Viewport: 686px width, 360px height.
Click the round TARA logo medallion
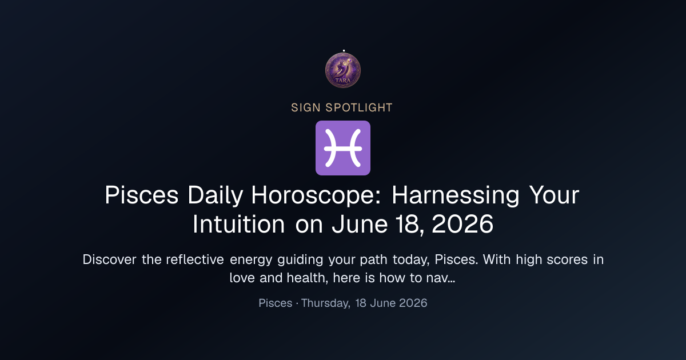point(342,70)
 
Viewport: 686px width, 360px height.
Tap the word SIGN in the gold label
point(306,108)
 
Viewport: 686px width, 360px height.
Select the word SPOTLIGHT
point(359,108)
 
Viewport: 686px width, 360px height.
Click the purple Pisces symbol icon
point(342,148)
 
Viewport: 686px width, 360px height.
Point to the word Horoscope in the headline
point(316,195)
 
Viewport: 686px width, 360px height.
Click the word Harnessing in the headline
point(456,195)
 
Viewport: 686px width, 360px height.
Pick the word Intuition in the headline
point(239,224)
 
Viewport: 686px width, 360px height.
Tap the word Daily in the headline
point(216,195)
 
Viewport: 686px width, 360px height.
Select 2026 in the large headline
point(462,224)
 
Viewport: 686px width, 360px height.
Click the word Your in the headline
point(555,195)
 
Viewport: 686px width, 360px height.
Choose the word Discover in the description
point(109,259)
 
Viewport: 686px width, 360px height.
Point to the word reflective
point(195,259)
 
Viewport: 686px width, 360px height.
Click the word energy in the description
point(251,260)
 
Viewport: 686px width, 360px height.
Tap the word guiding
point(300,260)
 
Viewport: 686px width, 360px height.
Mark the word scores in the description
point(567,260)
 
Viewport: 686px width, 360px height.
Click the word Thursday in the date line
point(326,303)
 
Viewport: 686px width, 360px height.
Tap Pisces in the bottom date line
point(276,303)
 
